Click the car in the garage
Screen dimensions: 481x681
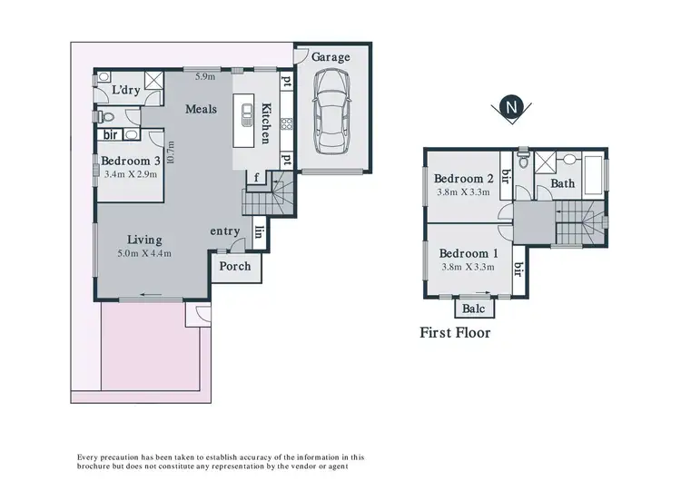331,113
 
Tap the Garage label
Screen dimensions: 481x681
331,57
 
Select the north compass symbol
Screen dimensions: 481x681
512,107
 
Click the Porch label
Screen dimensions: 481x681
233,266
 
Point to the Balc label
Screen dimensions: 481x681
473,309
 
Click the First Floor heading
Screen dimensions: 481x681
455,333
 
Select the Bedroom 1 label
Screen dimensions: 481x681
469,253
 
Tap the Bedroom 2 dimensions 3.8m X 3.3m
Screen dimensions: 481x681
464,192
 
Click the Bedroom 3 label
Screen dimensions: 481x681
131,161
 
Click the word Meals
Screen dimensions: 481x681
201,109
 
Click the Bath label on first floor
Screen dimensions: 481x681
562,184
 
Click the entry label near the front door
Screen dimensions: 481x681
224,231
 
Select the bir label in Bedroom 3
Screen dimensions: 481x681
113,135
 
